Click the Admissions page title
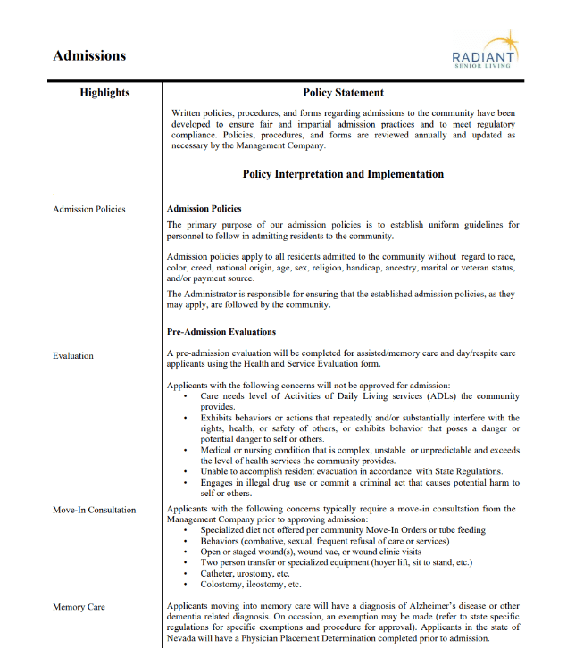89,55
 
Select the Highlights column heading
104,93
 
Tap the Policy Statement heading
343,93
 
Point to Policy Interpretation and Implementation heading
343,174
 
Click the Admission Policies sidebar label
89,209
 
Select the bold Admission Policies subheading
204,209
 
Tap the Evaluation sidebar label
73,355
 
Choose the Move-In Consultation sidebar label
95,510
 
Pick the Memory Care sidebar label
79,607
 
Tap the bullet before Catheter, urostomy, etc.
185,574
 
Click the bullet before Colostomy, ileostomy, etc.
185,585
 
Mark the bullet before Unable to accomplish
185,471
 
